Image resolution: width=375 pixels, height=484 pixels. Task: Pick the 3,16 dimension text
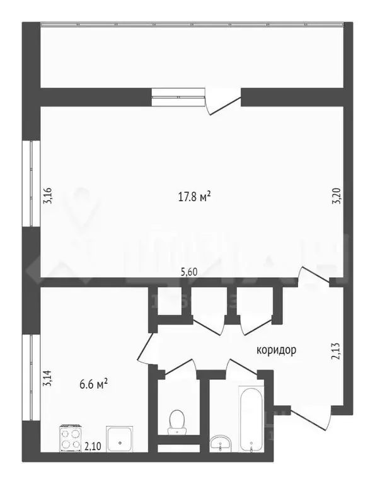click(x=47, y=197)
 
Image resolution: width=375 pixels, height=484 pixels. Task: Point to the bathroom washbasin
click(x=220, y=442)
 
